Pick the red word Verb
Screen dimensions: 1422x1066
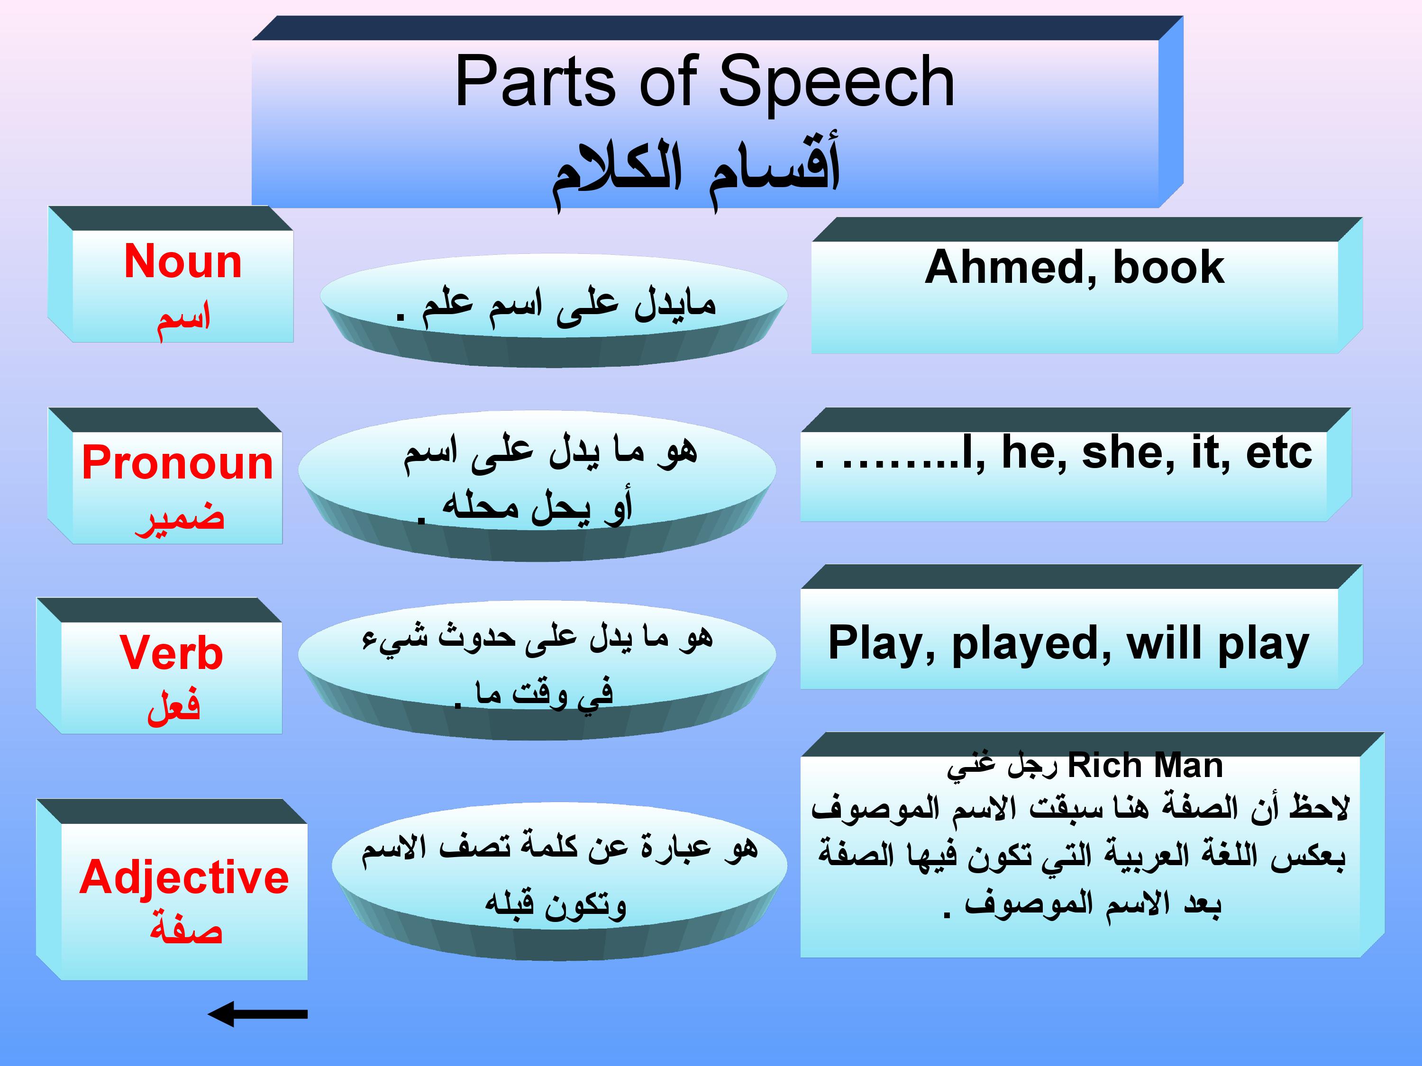coord(172,653)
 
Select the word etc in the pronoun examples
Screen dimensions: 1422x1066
coord(1279,454)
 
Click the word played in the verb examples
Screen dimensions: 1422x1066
coord(1032,644)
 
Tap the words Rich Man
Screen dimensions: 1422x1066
coord(1145,766)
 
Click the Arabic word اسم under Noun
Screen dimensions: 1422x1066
coord(184,318)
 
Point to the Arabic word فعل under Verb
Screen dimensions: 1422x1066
coord(173,707)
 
